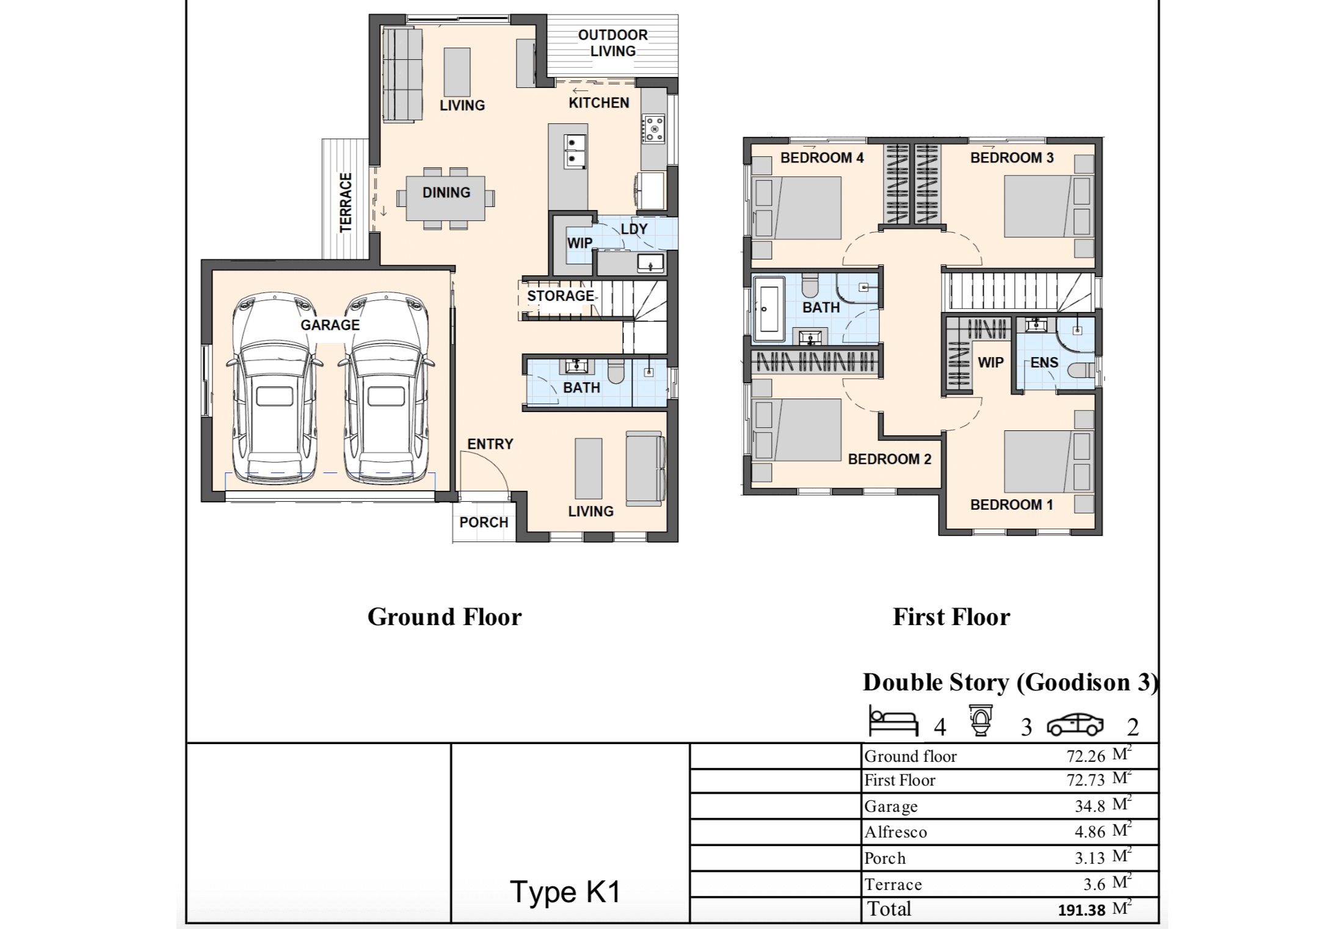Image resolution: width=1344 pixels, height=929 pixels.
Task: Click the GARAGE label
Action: (330, 325)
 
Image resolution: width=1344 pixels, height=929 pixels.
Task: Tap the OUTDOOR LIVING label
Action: (612, 43)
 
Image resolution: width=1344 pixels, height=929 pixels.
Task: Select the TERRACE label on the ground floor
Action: (346, 202)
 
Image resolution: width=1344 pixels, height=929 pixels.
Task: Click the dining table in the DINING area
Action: (446, 198)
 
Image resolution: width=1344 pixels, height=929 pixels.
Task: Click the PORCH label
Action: (484, 522)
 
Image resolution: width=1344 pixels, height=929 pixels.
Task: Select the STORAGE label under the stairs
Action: (561, 296)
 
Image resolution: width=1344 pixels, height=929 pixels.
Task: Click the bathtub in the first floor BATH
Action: (769, 309)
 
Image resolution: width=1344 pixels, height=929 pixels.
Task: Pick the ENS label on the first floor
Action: (1044, 363)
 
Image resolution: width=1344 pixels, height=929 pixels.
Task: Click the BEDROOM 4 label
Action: (822, 157)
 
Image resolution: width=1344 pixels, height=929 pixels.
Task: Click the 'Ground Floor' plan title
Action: (445, 617)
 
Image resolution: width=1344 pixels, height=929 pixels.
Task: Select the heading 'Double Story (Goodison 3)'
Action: (1010, 682)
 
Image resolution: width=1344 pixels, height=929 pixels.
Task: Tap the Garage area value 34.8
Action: (1090, 806)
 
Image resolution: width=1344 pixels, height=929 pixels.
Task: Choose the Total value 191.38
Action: (1081, 910)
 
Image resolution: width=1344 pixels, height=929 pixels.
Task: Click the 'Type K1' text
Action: (565, 892)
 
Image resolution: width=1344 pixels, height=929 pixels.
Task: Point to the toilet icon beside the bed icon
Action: (981, 721)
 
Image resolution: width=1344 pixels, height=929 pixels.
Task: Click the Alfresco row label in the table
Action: (895, 832)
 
